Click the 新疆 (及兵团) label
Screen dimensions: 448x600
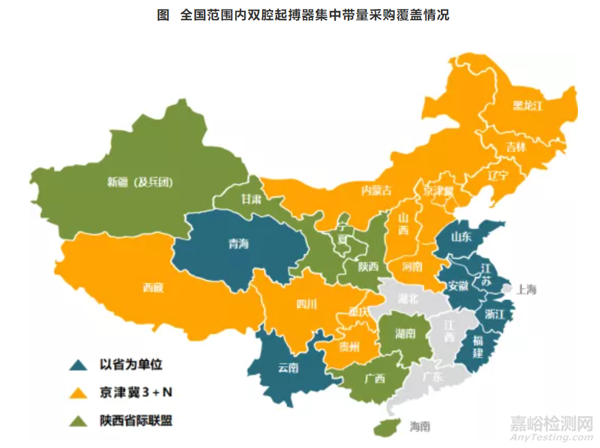(x=141, y=183)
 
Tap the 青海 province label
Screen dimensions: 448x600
(x=239, y=243)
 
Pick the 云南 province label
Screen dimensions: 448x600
(x=288, y=367)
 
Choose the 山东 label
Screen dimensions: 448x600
(x=461, y=236)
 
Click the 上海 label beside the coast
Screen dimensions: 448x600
(x=527, y=290)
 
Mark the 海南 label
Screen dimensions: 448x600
(x=420, y=427)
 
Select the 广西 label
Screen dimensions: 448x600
(x=374, y=378)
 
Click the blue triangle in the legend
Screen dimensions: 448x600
(x=77, y=364)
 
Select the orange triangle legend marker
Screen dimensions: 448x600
(x=77, y=393)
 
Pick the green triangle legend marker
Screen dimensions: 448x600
(x=77, y=421)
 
